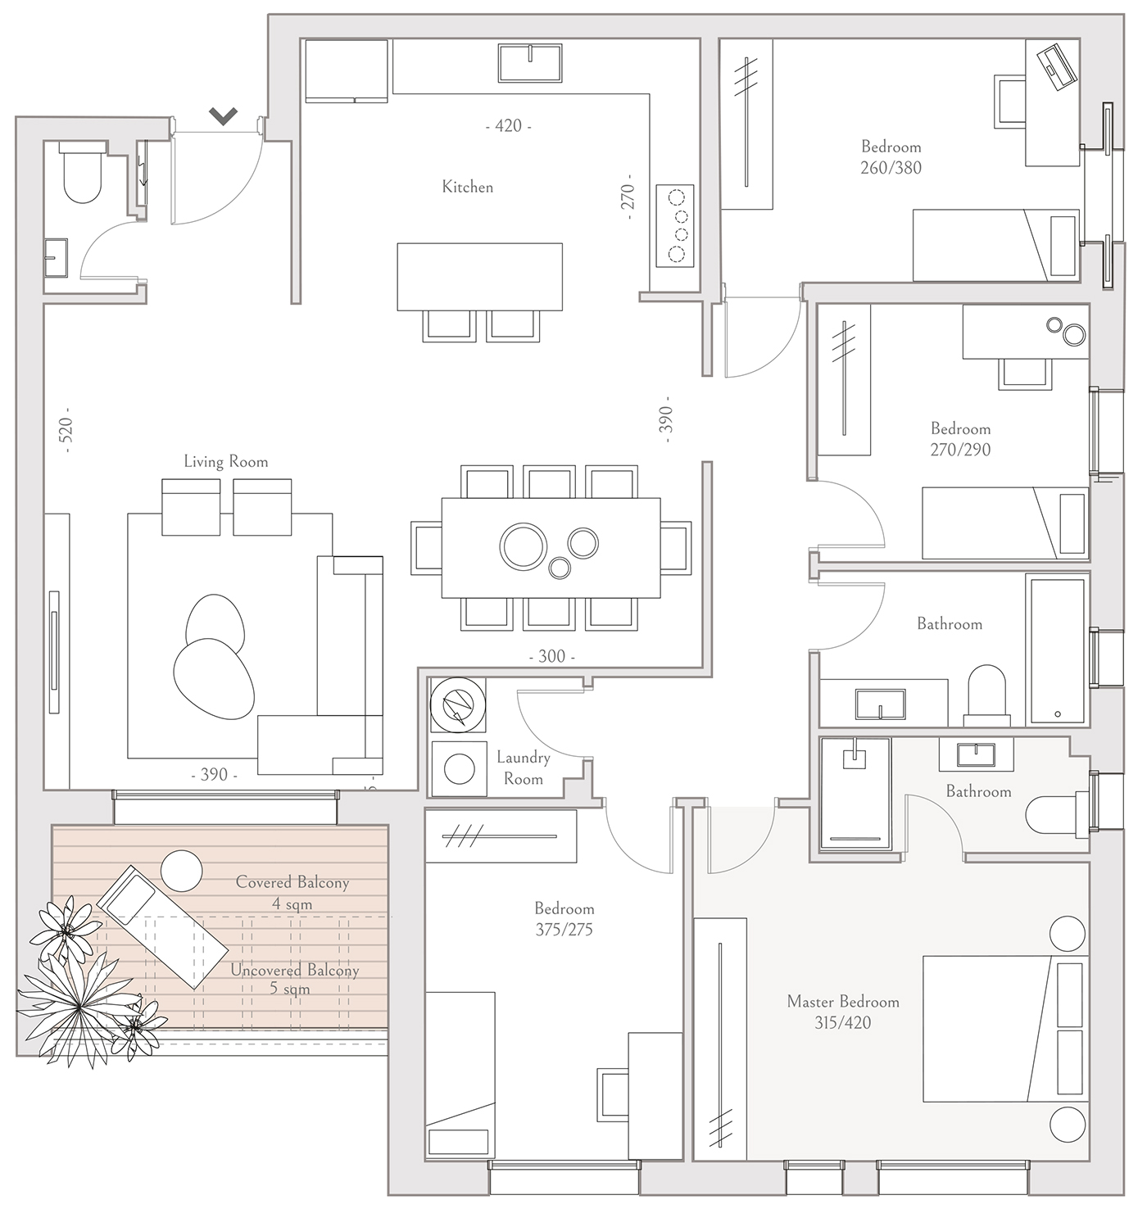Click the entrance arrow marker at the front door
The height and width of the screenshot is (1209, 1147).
coord(223,115)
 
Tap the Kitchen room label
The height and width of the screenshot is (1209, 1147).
coord(468,187)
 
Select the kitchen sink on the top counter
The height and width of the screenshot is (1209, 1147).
coord(530,62)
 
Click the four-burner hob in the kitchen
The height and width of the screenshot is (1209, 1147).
coord(675,226)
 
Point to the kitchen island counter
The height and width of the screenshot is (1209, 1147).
coord(480,277)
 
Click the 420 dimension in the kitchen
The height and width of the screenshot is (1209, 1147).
coord(508,126)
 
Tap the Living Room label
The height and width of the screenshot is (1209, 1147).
coord(226,462)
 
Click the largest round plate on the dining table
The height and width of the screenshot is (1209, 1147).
coord(523,545)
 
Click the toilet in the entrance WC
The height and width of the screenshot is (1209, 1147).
coord(83,172)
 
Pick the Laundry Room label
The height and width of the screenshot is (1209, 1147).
coord(523,768)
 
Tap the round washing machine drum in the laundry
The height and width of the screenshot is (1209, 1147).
coord(459,769)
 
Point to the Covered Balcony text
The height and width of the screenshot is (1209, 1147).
coord(292,883)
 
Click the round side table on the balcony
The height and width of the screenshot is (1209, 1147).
coord(182,871)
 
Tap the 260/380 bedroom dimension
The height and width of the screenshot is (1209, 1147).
coord(891,168)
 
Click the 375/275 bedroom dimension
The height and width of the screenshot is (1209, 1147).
coord(564,930)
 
